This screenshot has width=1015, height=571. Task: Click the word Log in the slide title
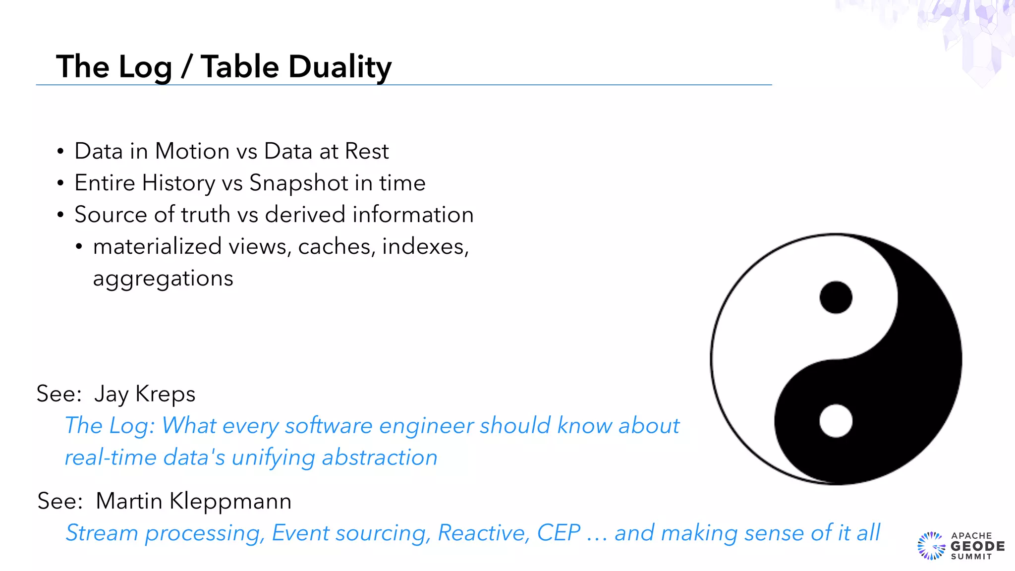145,67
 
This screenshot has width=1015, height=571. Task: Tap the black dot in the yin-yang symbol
836,297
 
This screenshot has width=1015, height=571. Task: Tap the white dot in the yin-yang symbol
836,421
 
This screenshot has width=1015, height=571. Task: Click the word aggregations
163,279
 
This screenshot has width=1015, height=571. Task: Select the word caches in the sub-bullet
336,246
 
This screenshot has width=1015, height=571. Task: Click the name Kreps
165,394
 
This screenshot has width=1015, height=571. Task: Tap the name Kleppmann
230,501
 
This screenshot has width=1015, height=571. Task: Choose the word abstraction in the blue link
380,457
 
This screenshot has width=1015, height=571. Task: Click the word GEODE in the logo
977,546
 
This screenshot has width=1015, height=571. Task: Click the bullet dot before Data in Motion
60,152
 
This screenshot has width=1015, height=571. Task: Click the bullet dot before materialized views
79,247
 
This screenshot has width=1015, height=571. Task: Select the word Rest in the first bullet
367,151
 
